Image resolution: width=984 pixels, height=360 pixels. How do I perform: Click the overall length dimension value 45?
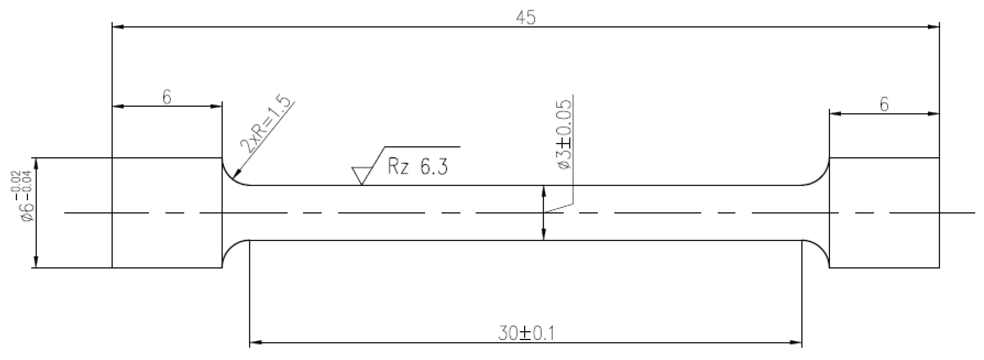click(526, 18)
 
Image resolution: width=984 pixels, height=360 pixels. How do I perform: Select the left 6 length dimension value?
click(167, 97)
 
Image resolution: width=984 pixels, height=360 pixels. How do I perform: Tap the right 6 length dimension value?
click(884, 104)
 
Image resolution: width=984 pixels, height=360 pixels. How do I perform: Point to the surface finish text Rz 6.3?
click(417, 167)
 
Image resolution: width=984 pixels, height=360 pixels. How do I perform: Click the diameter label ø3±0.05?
click(565, 135)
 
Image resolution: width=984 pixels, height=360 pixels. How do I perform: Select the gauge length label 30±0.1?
click(526, 333)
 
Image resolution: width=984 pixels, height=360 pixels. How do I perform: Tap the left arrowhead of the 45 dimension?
click(117, 27)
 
